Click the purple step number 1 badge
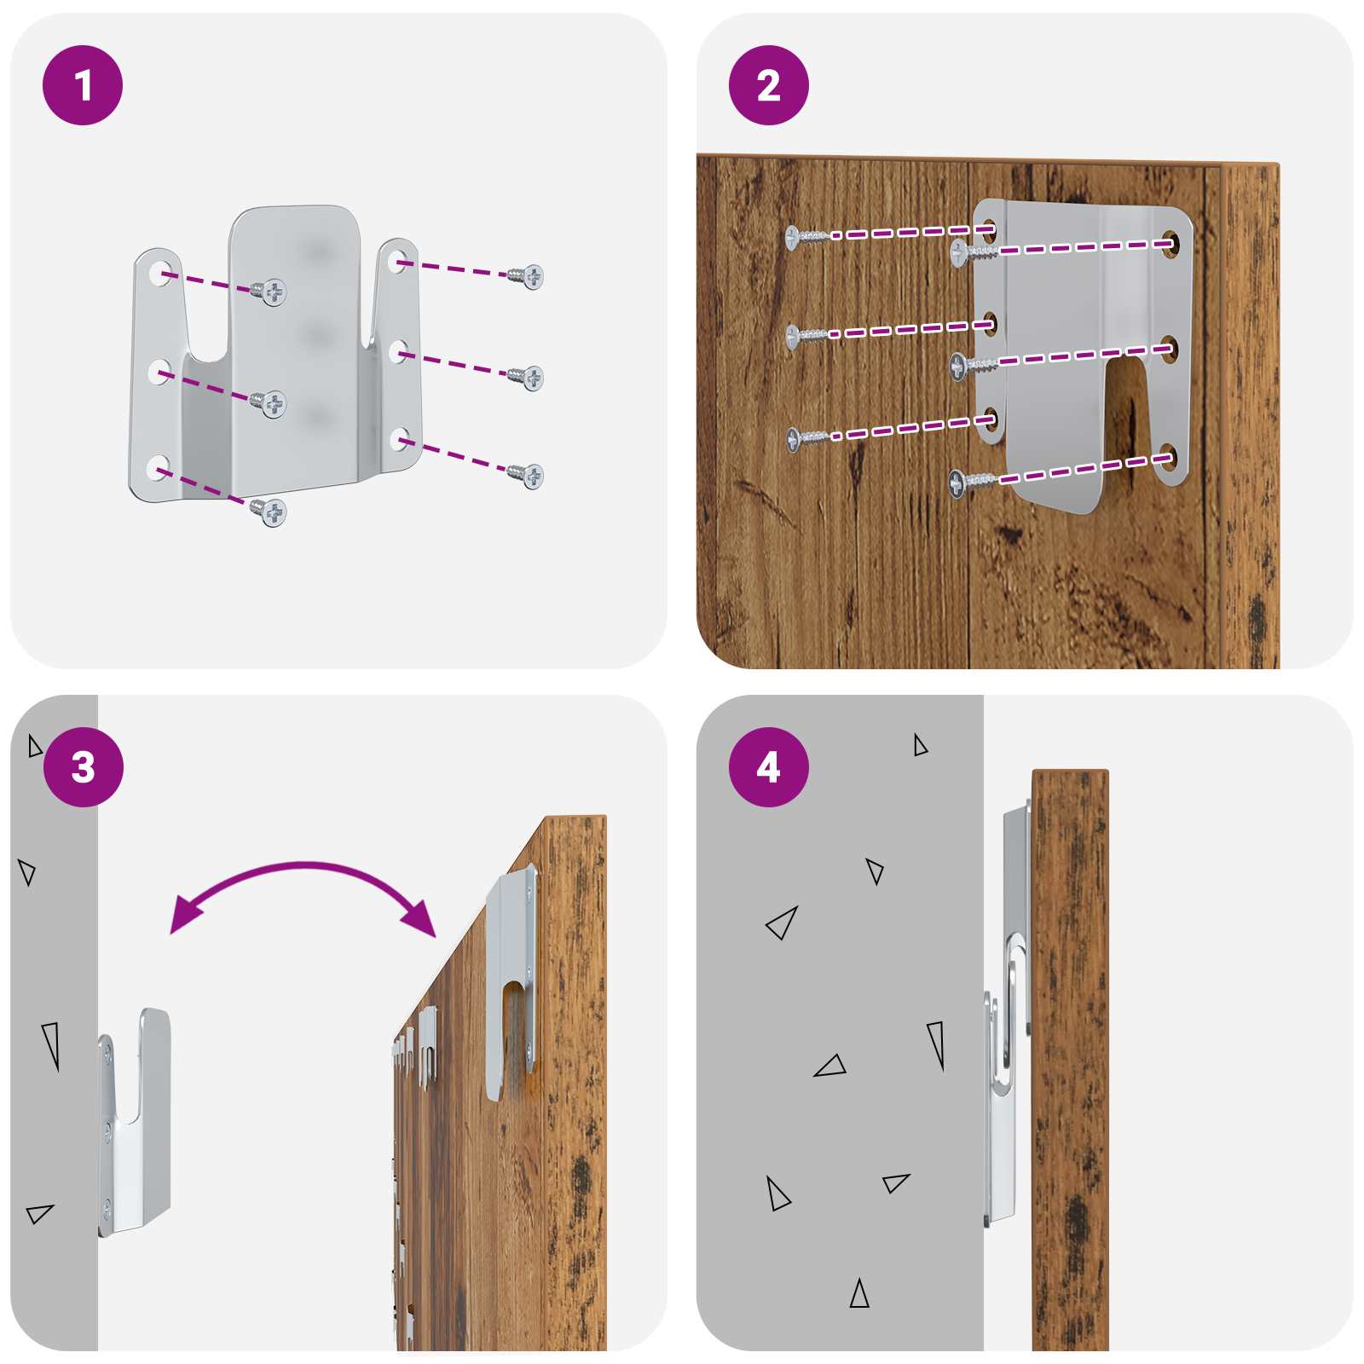(83, 85)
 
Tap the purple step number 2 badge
(769, 85)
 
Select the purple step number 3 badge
(83, 767)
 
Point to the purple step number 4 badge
(769, 767)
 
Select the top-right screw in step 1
(526, 275)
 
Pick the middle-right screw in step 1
(526, 377)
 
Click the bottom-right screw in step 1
(526, 476)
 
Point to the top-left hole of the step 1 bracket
(159, 273)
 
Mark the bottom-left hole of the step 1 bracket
(158, 468)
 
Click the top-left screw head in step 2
(793, 237)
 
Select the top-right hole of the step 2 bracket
(1170, 244)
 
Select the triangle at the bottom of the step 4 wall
(859, 1294)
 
